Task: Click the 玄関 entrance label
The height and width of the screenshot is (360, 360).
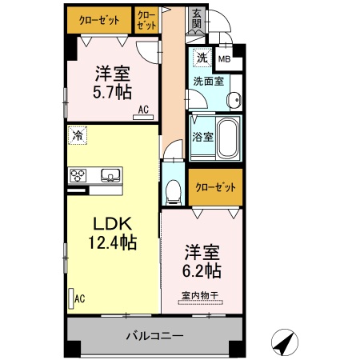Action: click(x=197, y=18)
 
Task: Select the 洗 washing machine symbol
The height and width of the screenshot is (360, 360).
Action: click(x=202, y=58)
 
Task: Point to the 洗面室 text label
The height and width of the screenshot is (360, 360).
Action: click(x=207, y=80)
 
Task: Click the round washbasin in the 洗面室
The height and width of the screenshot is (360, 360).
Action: click(x=233, y=100)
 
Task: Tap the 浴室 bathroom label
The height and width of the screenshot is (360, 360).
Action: click(x=202, y=137)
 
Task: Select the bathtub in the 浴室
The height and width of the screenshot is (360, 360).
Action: click(x=229, y=138)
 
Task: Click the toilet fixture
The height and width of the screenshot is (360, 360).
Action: click(x=174, y=190)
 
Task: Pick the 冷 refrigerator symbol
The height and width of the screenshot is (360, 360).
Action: click(x=78, y=135)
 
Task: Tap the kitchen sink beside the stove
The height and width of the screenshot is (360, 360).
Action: click(x=109, y=175)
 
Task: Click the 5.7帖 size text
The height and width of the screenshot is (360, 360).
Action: click(x=114, y=91)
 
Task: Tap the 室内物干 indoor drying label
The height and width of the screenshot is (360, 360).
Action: click(x=200, y=295)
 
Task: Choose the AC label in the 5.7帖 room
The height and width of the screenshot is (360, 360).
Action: click(x=143, y=110)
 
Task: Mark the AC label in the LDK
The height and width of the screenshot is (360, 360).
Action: click(x=79, y=299)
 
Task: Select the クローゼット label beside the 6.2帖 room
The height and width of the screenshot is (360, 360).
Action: click(x=215, y=186)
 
